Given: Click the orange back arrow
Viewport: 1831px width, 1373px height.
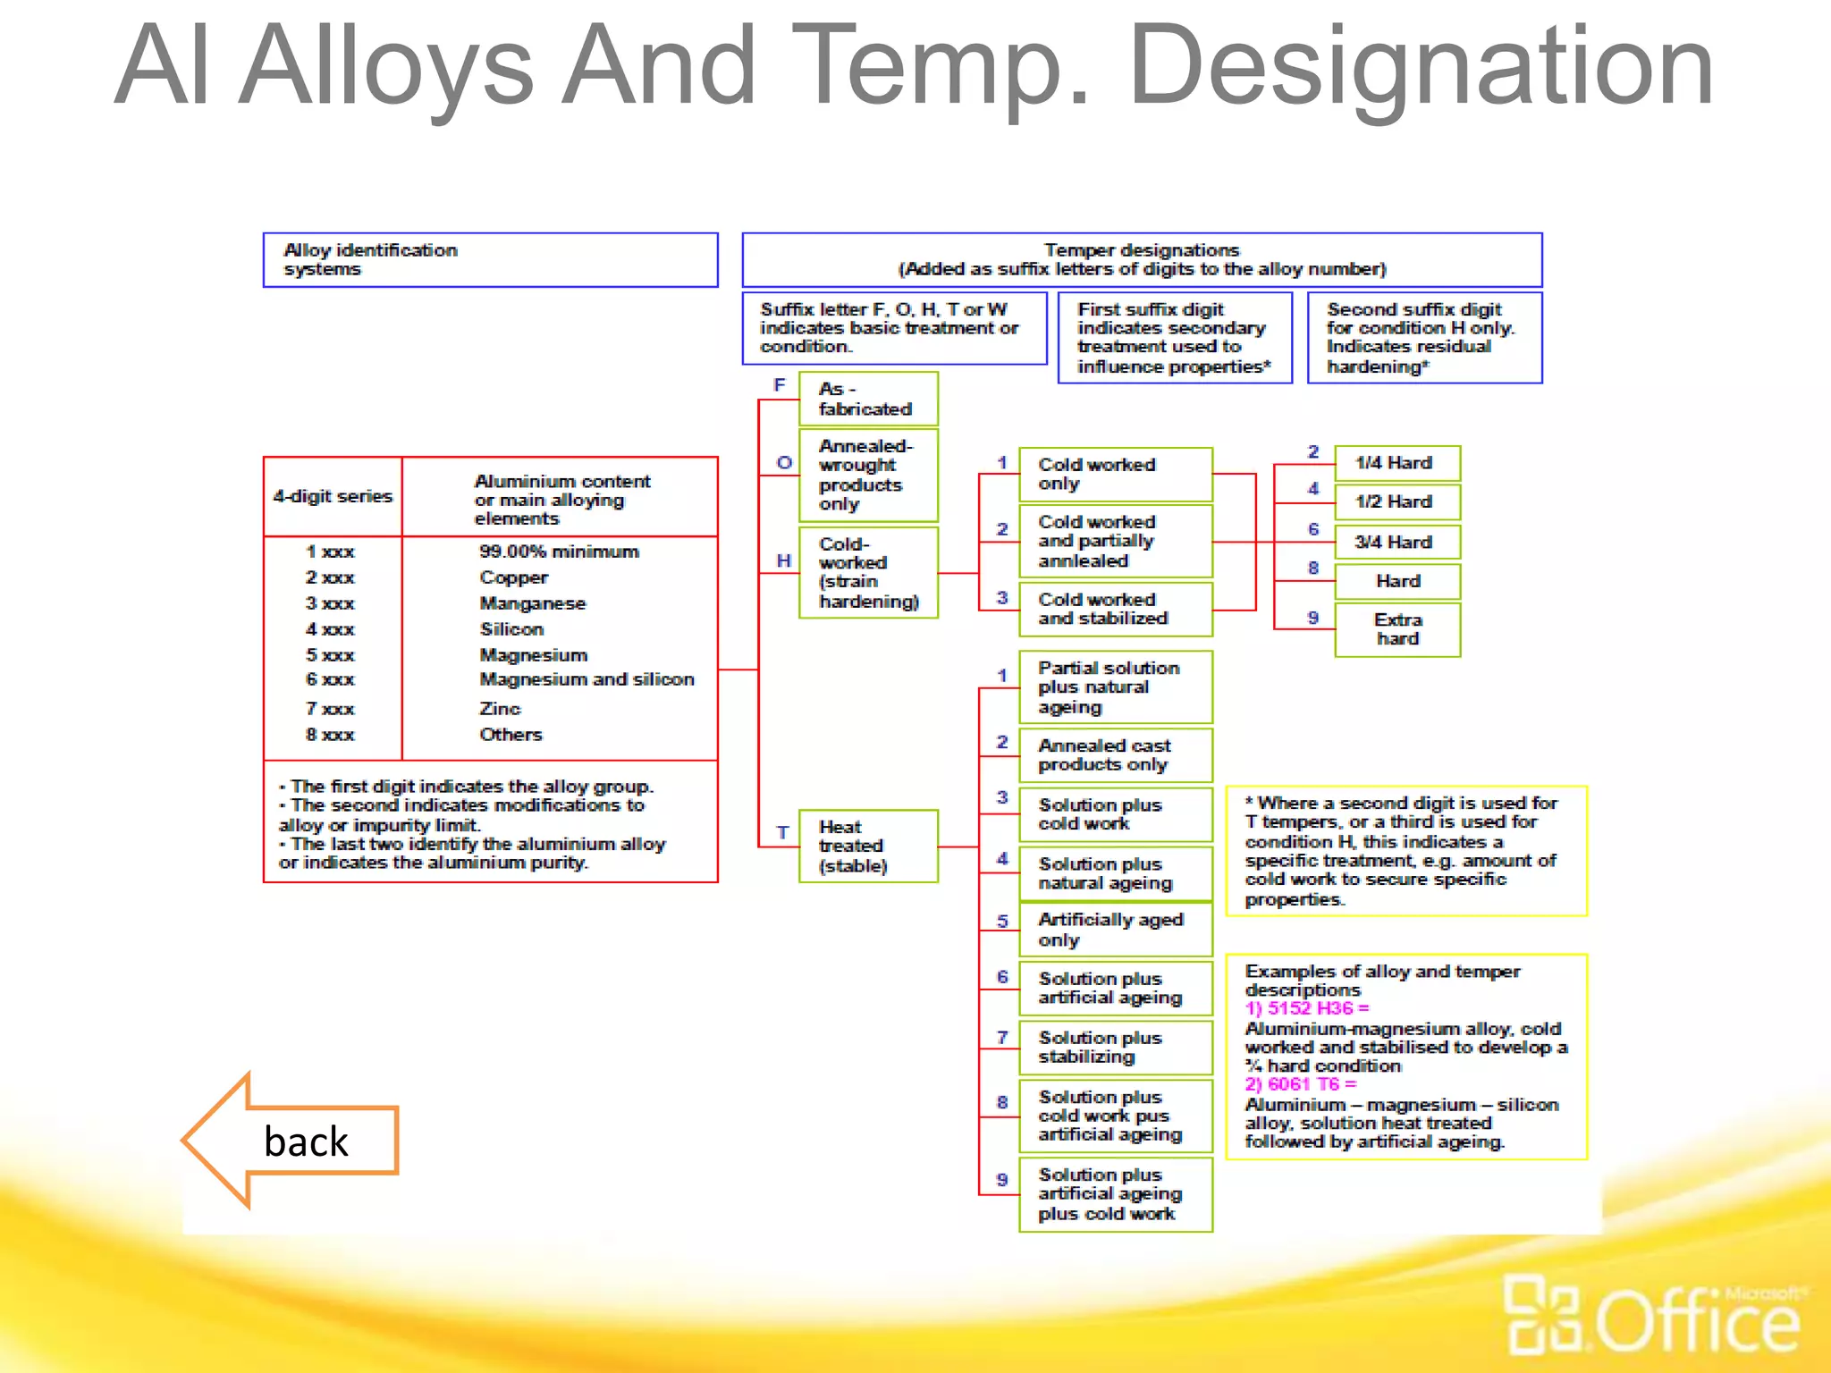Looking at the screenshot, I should point(291,1140).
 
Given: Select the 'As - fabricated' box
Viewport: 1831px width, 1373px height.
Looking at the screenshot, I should point(867,399).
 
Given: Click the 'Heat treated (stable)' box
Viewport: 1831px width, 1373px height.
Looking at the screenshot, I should point(867,846).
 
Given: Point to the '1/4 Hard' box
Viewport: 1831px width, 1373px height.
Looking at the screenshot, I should point(1396,463).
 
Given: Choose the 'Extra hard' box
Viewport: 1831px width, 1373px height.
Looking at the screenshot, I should point(1396,629).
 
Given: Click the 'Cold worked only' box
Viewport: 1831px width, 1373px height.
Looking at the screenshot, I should point(1115,474).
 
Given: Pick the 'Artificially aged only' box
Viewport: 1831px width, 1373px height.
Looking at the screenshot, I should point(1115,930).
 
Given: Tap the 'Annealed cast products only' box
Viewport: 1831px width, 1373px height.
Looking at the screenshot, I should point(1115,754).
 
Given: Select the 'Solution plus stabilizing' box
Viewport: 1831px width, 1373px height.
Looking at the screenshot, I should point(1115,1047).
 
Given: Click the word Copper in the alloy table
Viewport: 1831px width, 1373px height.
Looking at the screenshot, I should point(513,577).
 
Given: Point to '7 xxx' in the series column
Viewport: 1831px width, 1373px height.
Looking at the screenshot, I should point(330,709).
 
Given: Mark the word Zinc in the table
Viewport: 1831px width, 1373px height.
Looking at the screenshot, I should point(500,709).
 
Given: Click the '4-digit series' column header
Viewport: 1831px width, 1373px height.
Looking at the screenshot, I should point(333,496).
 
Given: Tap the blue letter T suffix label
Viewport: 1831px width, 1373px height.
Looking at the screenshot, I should point(782,832).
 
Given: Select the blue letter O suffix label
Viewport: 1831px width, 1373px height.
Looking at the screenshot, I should point(784,462).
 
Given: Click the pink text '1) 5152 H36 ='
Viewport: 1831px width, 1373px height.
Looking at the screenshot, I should point(1306,1008).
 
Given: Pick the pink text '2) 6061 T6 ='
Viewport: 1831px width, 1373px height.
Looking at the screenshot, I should point(1300,1084).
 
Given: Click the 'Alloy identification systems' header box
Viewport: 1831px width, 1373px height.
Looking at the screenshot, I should point(490,260).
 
